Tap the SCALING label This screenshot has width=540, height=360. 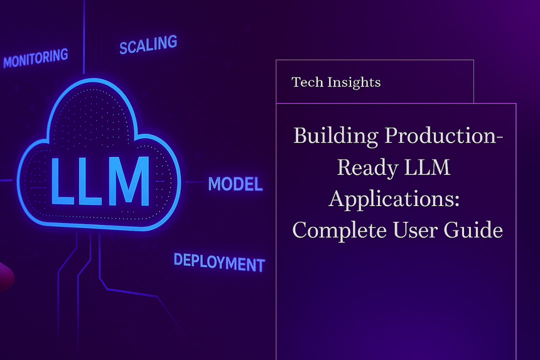coord(148,44)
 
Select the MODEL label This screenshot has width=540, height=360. coord(235,184)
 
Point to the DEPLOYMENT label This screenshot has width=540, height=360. coord(219,262)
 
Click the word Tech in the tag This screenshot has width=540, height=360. coord(306,82)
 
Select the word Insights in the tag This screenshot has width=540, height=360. coord(353,82)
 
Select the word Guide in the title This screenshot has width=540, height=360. coord(479,229)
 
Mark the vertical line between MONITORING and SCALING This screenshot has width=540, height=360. coord(84,35)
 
